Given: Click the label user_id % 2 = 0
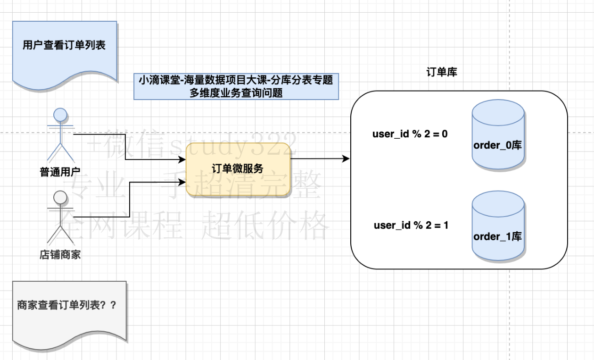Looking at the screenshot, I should (410, 134).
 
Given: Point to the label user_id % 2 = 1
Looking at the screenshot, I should (411, 225).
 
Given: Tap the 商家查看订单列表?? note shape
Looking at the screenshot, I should (69, 309).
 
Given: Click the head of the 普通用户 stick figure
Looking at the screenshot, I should (60, 115).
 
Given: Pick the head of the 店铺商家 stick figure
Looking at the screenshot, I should (60, 196).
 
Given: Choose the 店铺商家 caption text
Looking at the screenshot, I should (60, 255).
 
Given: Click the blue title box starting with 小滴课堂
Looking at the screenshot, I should (236, 86).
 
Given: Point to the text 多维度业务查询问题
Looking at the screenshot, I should (236, 93).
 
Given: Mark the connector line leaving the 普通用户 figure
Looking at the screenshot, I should (125, 147).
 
